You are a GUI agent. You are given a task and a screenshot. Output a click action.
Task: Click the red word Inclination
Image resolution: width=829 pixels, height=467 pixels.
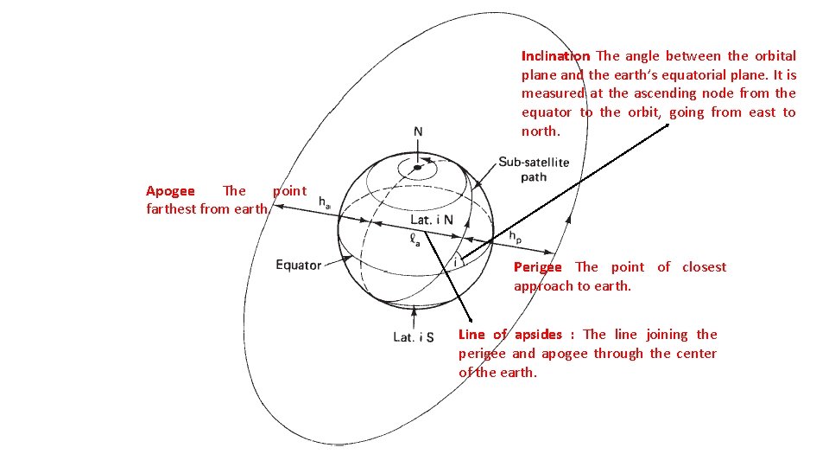pyautogui.click(x=555, y=56)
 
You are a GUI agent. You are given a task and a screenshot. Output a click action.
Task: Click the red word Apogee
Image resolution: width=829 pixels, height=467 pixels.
pyautogui.click(x=170, y=191)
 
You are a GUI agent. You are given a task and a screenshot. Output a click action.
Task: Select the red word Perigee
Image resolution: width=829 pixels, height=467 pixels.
pyautogui.click(x=537, y=267)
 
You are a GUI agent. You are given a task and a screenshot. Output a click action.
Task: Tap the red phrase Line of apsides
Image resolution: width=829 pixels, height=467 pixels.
pyautogui.click(x=509, y=335)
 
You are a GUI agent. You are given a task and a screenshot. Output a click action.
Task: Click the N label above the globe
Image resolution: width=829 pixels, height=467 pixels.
pyautogui.click(x=418, y=132)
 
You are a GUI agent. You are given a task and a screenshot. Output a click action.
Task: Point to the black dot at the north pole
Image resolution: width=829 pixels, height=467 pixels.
pyautogui.click(x=417, y=167)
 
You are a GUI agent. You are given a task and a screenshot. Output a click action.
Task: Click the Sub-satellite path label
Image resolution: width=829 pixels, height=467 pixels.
pyautogui.click(x=533, y=170)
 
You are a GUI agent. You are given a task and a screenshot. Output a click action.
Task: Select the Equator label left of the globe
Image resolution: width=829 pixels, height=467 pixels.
pyautogui.click(x=298, y=265)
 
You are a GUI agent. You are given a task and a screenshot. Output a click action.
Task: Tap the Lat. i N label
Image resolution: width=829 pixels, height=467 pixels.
pyautogui.click(x=431, y=220)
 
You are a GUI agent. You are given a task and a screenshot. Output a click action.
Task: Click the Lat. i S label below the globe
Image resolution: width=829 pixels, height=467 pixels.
pyautogui.click(x=413, y=336)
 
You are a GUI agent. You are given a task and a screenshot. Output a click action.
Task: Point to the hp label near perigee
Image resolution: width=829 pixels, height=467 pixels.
pyautogui.click(x=515, y=236)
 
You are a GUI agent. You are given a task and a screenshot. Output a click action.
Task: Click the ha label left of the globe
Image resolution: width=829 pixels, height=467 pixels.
pyautogui.click(x=326, y=203)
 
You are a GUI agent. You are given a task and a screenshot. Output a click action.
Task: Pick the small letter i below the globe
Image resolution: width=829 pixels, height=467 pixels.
pyautogui.click(x=455, y=260)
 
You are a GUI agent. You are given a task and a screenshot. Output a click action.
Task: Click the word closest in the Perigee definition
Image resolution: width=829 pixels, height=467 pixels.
pyautogui.click(x=704, y=267)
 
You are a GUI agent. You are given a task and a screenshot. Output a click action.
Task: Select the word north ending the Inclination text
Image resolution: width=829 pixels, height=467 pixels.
pyautogui.click(x=540, y=131)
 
